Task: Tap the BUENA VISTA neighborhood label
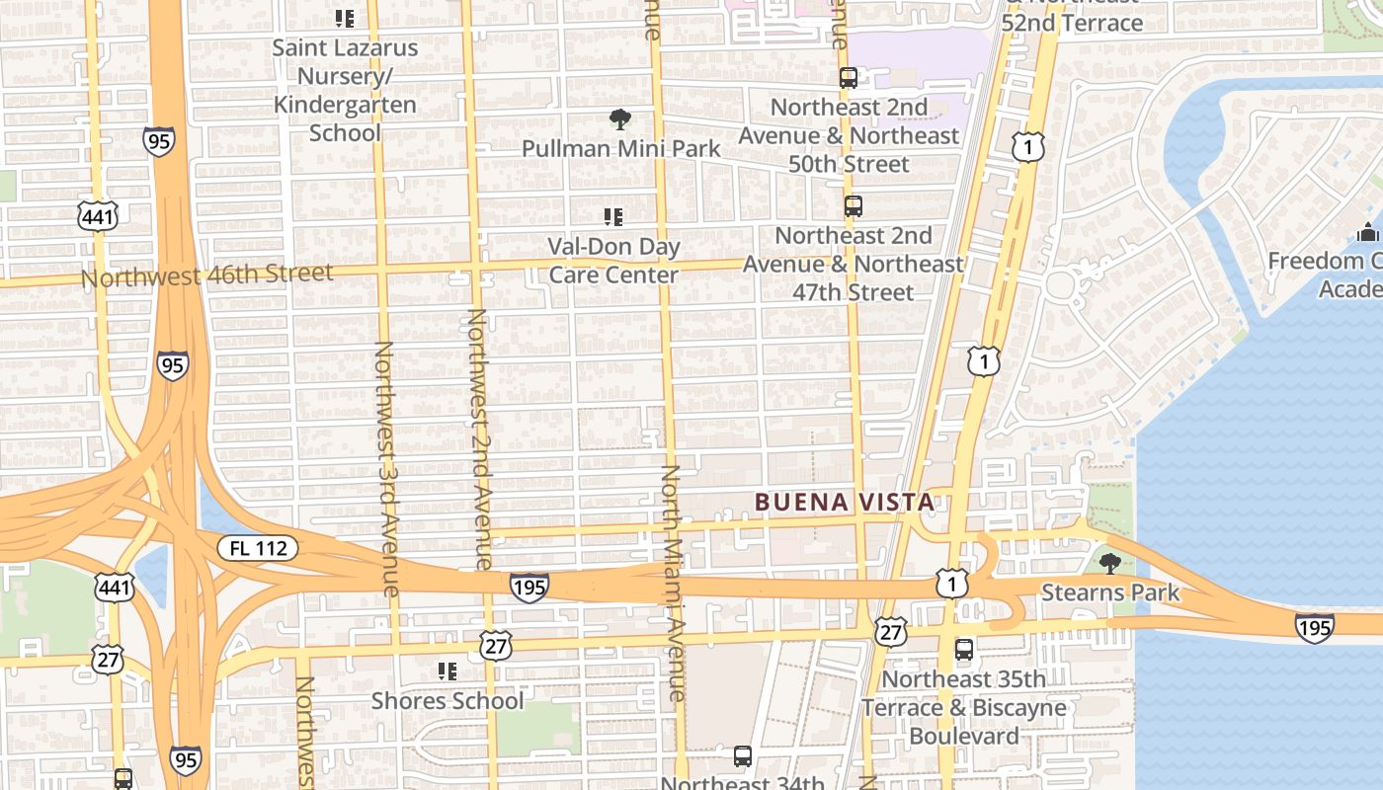click(845, 502)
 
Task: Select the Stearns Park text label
click(1110, 592)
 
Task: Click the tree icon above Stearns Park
click(1110, 564)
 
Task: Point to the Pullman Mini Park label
click(621, 149)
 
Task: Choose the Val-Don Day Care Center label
click(613, 261)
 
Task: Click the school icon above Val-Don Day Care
click(613, 217)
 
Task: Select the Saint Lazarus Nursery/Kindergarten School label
click(345, 90)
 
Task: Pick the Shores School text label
click(447, 701)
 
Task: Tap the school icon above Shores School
click(447, 671)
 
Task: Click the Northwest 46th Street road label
click(207, 276)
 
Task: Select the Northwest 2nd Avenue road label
click(479, 439)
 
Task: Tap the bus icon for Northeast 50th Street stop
click(849, 78)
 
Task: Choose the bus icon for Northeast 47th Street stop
click(854, 206)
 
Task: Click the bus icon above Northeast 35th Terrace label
click(964, 650)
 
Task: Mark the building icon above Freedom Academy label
click(1368, 233)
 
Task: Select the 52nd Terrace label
click(1072, 22)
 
